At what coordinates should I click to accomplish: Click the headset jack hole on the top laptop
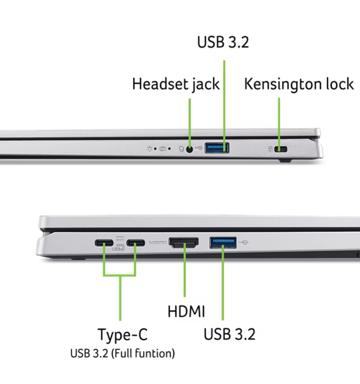click(189, 149)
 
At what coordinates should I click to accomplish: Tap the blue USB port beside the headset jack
click(217, 148)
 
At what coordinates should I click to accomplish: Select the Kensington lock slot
click(281, 149)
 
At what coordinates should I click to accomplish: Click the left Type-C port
click(104, 243)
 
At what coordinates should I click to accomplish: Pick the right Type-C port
click(136, 243)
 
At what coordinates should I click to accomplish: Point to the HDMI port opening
click(184, 242)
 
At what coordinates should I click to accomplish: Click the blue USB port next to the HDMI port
click(223, 242)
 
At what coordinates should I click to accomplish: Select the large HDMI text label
click(186, 311)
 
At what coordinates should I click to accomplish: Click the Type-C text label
click(123, 334)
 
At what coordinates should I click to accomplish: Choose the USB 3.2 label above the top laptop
click(223, 42)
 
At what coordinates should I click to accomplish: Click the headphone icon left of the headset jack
click(182, 149)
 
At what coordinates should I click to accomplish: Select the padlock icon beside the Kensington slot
click(270, 149)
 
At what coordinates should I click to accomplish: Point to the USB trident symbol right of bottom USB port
click(244, 242)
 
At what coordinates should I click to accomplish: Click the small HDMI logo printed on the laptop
click(158, 242)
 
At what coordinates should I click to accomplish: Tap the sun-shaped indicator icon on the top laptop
click(149, 148)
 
